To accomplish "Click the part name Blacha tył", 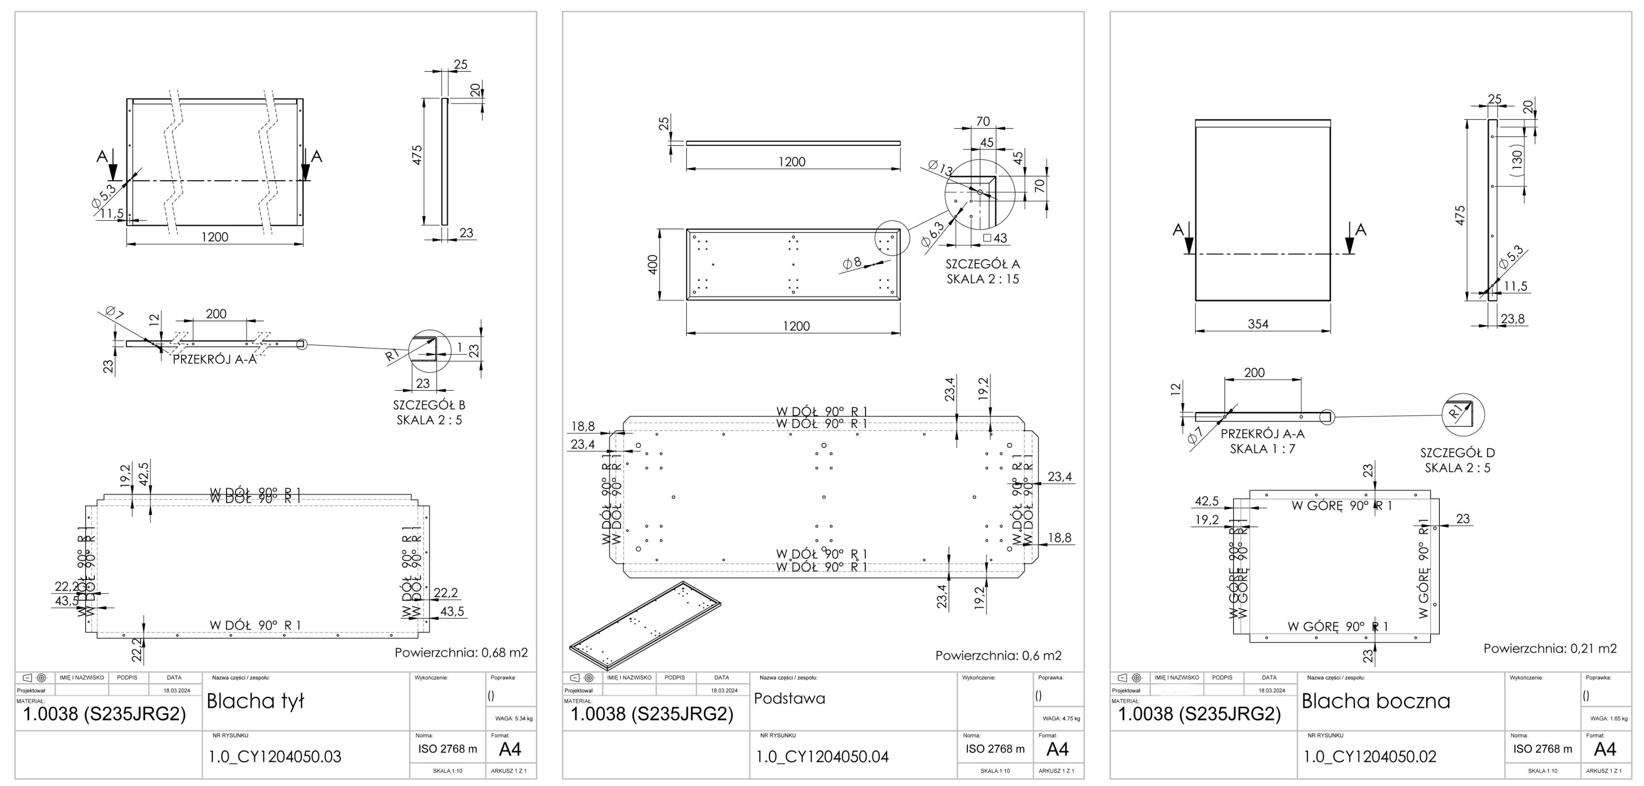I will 255,701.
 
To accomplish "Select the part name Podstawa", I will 789,699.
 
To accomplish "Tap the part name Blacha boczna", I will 1375,701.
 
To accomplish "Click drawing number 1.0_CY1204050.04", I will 822,757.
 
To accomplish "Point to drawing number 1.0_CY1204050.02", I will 1370,757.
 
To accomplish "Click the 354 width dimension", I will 1258,324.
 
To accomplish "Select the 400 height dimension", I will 652,264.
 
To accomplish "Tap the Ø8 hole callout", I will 852,262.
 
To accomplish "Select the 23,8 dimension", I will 1513,318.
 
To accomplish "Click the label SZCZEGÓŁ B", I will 429,404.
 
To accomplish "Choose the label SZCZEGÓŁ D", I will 1457,452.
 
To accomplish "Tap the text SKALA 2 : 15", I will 982,279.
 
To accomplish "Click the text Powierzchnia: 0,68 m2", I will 461,652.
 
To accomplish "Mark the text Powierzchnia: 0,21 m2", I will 1549,648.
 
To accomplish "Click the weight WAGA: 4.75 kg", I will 1061,719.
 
